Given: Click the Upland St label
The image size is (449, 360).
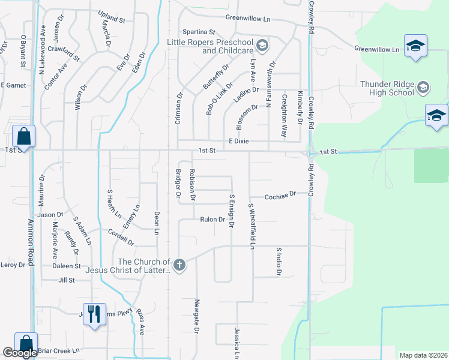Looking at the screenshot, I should [112, 20].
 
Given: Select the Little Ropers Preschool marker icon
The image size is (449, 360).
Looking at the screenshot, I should [262, 46].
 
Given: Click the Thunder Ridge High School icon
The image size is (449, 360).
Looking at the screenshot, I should [423, 88].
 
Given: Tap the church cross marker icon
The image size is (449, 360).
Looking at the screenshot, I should [178, 264].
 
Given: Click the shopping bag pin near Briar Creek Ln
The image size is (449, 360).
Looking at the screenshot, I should [26, 343].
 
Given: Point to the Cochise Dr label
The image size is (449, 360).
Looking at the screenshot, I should [280, 195].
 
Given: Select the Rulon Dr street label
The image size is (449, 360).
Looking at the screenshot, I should [212, 220].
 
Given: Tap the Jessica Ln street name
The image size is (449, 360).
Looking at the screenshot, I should [237, 342].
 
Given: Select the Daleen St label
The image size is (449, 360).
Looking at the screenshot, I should [66, 266].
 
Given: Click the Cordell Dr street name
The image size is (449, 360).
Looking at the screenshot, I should [121, 237].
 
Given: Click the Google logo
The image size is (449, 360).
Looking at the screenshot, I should [20, 353].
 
